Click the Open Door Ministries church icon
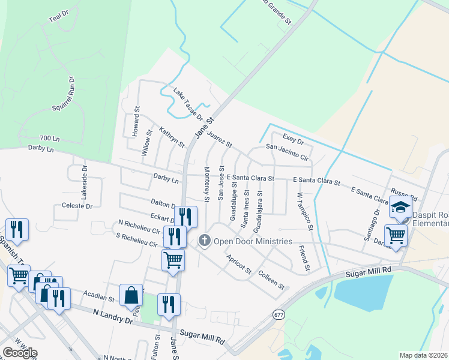pos(204,241)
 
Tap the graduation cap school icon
pos(400,208)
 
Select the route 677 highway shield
pos(278,314)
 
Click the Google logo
pos(20,353)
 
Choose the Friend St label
pos(303,259)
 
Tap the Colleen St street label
pos(271,280)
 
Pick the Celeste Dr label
pos(77,206)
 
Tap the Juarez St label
pos(220,140)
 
